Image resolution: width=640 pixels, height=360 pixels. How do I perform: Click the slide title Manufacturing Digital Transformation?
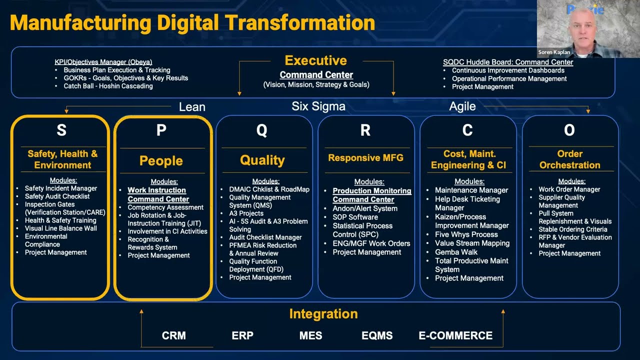point(192,23)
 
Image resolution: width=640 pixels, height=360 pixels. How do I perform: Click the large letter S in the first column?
point(61,130)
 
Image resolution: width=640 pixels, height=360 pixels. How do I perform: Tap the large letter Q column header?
point(261,130)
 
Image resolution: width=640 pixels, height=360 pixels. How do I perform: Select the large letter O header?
point(569,130)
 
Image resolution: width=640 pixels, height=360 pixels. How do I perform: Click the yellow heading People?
point(161,161)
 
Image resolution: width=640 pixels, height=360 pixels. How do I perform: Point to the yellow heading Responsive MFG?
point(365,158)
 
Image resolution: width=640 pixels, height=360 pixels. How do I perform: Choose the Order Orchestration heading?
point(569,159)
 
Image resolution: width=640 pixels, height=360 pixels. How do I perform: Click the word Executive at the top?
point(315,60)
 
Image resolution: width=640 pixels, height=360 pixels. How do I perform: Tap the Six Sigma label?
point(318,106)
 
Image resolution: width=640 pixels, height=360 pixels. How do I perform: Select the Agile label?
point(462,106)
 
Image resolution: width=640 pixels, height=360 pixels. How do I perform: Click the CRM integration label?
point(173,335)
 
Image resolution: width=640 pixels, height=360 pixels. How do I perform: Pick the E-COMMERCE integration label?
point(455,335)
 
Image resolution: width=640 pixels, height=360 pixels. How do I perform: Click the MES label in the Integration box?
point(310,335)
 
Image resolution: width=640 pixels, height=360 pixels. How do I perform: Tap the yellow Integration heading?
point(323,314)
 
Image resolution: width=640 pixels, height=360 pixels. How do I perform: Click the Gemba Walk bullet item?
point(456,252)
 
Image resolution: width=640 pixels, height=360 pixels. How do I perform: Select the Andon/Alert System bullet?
point(365,208)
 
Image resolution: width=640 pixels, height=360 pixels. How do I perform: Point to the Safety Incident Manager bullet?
point(61,188)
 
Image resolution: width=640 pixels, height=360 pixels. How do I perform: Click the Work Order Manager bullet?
point(569,189)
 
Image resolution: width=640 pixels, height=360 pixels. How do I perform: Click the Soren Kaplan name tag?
point(554,52)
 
